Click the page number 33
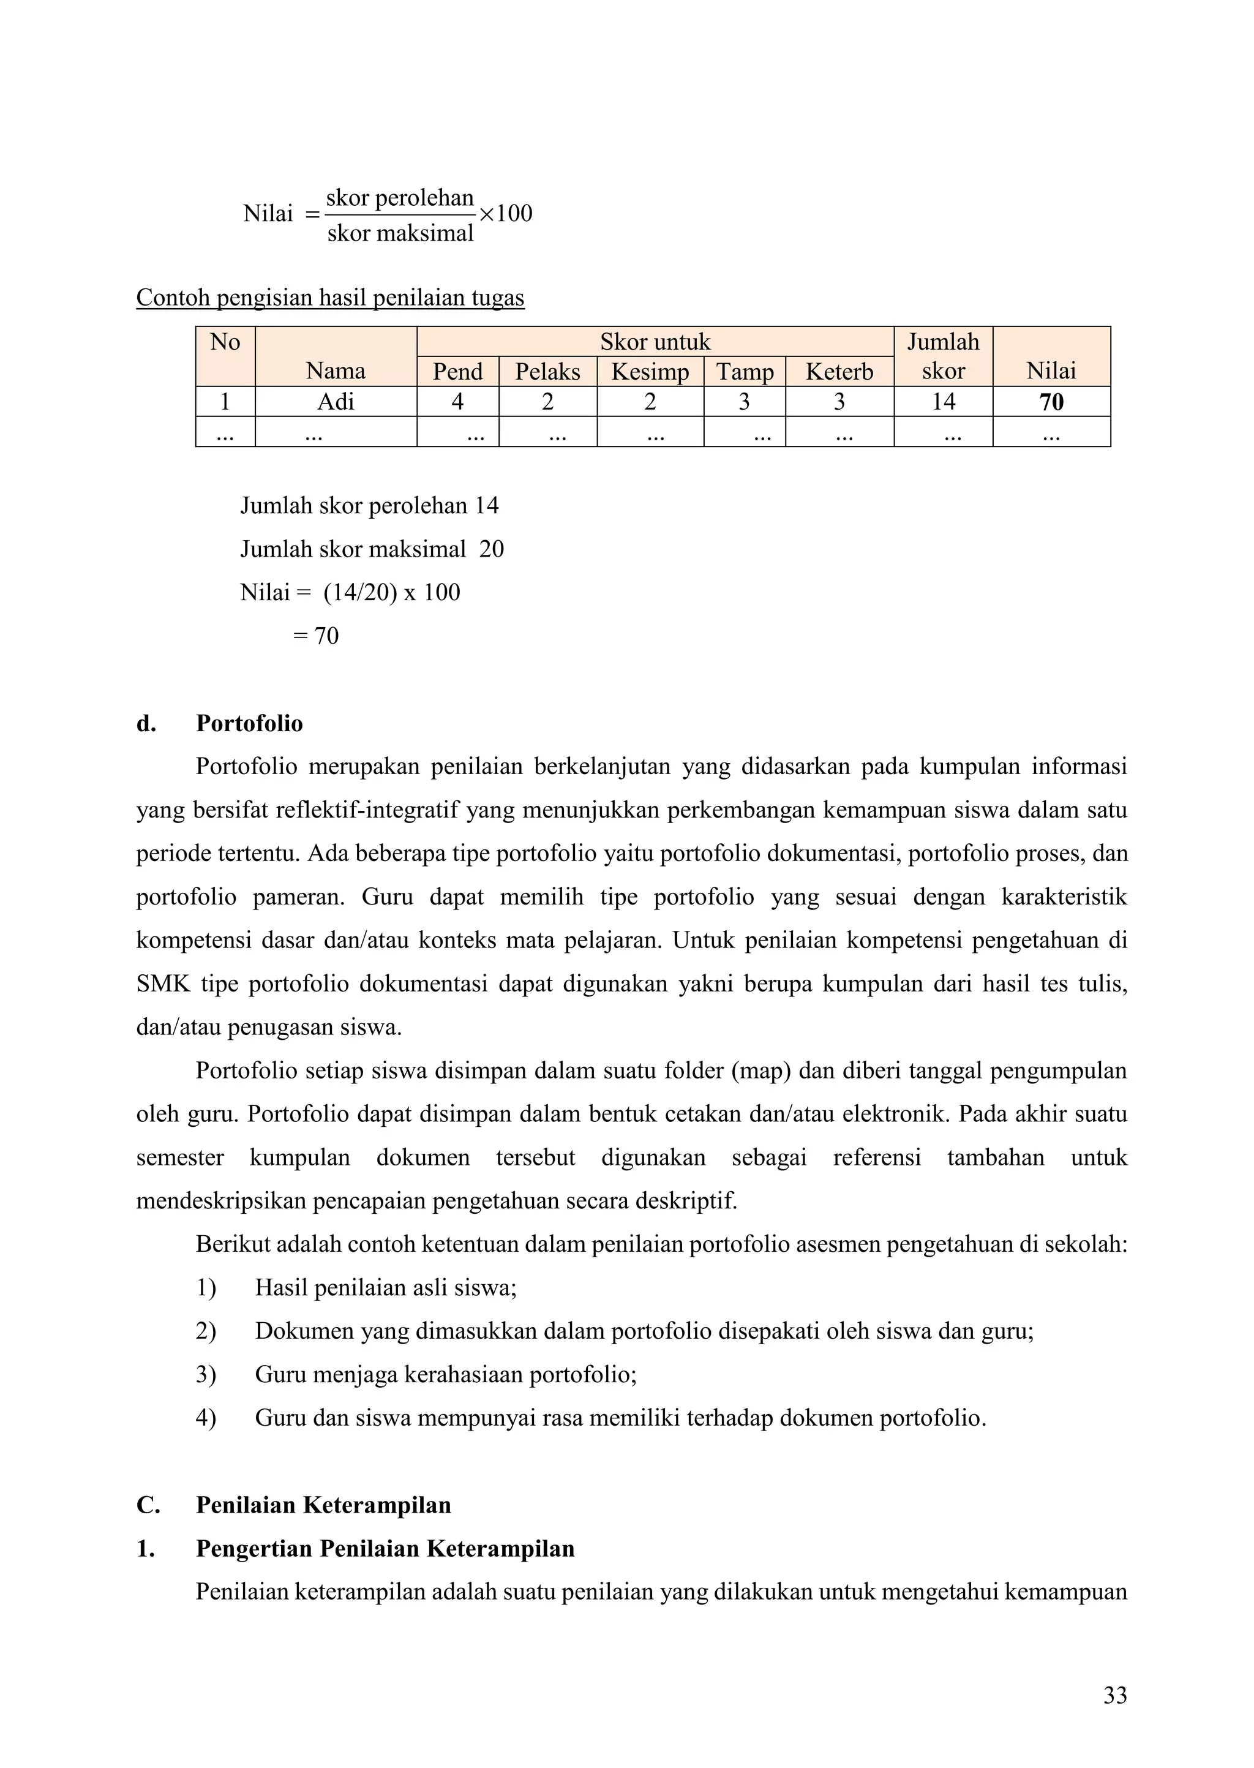click(x=1114, y=1695)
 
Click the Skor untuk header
click(x=655, y=341)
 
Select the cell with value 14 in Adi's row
click(x=943, y=402)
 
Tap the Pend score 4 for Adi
click(x=457, y=402)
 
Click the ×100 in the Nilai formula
click(x=506, y=213)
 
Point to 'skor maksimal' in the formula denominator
click(x=400, y=233)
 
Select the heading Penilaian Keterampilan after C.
click(x=323, y=1505)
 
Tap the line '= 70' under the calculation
click(x=316, y=636)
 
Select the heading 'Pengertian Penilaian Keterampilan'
click(x=385, y=1549)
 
